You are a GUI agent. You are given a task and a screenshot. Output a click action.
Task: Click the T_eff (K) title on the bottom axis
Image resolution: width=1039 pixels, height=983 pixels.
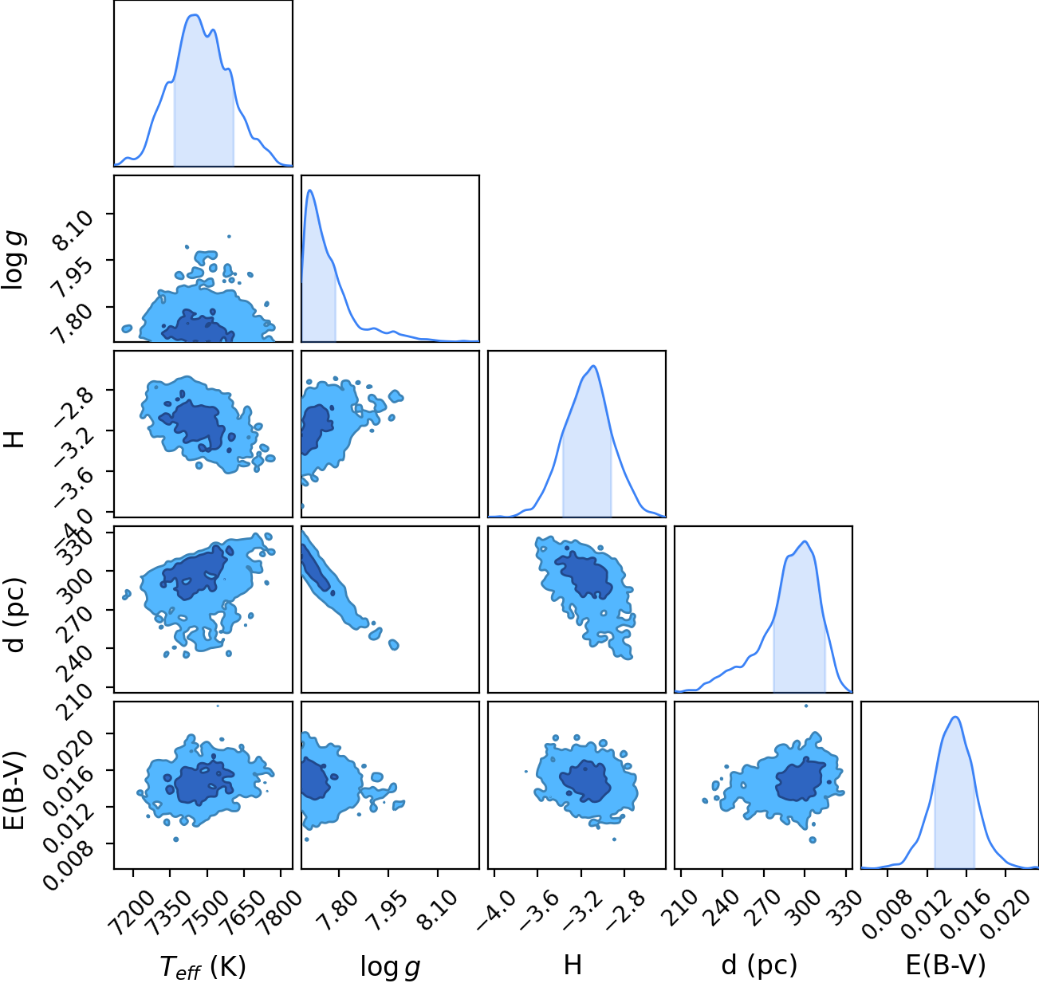pos(203,966)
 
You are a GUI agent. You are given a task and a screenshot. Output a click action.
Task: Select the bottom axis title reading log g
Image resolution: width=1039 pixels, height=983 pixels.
pos(390,967)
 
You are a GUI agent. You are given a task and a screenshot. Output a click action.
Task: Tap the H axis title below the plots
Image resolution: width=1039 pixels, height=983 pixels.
pos(573,965)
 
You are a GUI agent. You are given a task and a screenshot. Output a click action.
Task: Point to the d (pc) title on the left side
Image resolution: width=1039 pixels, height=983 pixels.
pos(16,615)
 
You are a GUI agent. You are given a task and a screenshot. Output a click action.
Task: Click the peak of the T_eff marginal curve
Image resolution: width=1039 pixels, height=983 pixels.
pos(195,15)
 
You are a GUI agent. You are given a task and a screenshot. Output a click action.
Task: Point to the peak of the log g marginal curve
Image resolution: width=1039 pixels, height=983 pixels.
pos(310,191)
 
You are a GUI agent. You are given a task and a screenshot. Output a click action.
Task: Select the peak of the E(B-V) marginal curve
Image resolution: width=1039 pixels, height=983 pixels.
pos(955,717)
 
